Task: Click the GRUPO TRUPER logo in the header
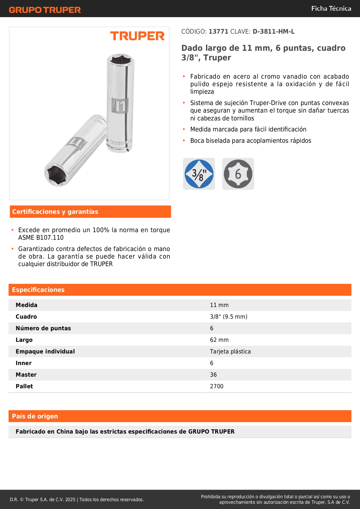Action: [x=45, y=10]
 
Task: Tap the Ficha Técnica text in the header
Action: [x=331, y=8]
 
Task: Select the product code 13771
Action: [x=218, y=32]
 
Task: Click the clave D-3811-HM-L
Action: [x=274, y=32]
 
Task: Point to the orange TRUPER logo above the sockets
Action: [x=137, y=36]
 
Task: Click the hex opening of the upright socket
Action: [x=121, y=60]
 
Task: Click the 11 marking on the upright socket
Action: [x=120, y=106]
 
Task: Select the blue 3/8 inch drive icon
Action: [x=199, y=174]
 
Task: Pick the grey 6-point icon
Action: [x=238, y=174]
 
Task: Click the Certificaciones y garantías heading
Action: [x=55, y=212]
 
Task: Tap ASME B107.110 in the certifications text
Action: [x=41, y=238]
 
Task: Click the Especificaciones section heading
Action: [x=38, y=290]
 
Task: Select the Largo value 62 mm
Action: [x=219, y=340]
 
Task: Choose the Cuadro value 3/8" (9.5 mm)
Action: [x=229, y=317]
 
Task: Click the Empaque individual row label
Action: [x=45, y=351]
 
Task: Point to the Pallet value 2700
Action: [x=217, y=386]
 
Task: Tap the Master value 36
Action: [x=213, y=375]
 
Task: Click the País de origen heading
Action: [x=35, y=416]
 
